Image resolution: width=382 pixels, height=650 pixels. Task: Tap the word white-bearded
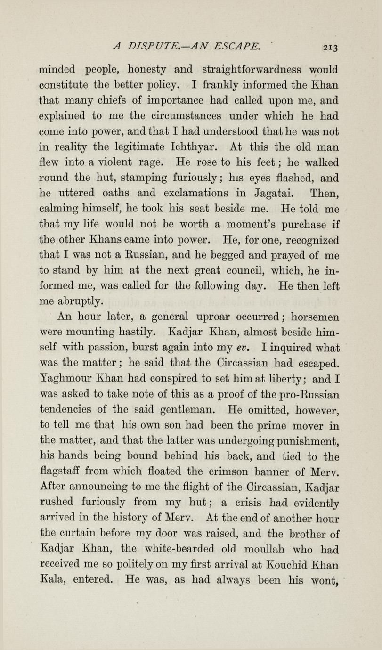(x=189, y=550)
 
